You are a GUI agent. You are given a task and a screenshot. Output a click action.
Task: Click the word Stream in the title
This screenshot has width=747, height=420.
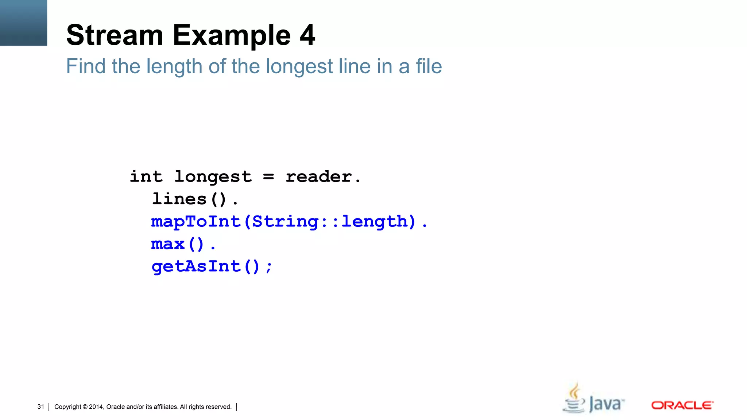pos(115,35)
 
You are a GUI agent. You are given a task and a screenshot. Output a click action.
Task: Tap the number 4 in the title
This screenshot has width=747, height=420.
pos(307,35)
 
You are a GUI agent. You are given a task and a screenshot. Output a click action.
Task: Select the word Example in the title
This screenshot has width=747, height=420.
pos(232,36)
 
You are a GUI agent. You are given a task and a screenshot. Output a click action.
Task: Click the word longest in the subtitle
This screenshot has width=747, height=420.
pos(299,67)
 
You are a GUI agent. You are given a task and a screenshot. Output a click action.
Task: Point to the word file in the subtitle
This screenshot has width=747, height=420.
pos(429,66)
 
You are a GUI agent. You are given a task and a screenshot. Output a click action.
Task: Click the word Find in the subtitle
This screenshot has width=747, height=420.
pos(86,66)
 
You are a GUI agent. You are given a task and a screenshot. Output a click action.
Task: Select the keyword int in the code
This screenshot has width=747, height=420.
pos(146,177)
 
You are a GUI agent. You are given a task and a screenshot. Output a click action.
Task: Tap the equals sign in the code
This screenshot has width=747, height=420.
pos(268,177)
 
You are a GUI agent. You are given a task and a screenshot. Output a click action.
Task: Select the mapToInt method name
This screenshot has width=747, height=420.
pos(196,222)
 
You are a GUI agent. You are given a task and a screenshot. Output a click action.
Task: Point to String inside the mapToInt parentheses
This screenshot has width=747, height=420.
pos(285,222)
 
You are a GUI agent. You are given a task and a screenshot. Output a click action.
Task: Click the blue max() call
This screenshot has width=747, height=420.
pos(178,244)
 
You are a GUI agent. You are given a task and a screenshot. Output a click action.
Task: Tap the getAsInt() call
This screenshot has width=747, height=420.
pos(206,267)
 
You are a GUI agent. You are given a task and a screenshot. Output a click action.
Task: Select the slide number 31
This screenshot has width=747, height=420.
pos(40,407)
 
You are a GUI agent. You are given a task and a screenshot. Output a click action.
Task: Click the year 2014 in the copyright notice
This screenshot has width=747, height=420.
pos(96,407)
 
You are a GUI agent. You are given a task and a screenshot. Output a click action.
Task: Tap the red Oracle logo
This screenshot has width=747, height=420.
pos(682,405)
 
